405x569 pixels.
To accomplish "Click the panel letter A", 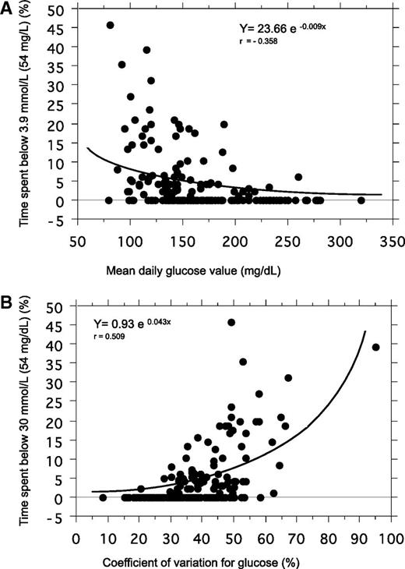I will (8, 10).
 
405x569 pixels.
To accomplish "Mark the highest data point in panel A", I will (110, 25).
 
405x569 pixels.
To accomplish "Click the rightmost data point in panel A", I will (361, 200).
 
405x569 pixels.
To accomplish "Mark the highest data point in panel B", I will (231, 322).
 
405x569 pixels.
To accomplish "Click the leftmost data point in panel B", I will (103, 497).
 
